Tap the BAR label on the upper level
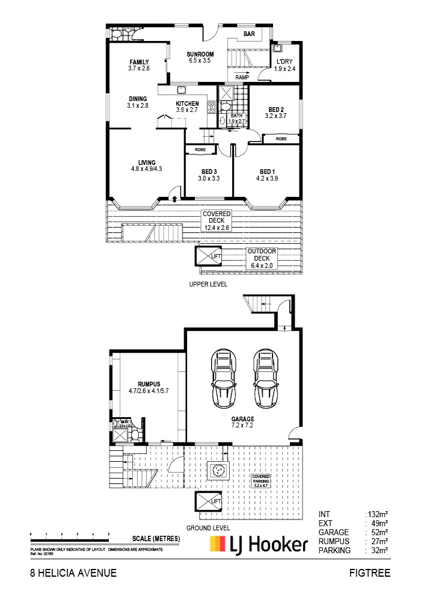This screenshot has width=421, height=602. tap(249, 34)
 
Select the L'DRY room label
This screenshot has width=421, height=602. tap(285, 62)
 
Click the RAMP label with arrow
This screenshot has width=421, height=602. tap(242, 77)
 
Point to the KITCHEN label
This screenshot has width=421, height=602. tap(187, 104)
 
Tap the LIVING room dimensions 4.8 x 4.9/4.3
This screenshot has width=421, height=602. tap(147, 169)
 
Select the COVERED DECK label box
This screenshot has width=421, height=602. tap(217, 220)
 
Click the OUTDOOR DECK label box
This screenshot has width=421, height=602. tap(261, 258)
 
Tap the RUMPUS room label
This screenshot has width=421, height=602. tap(148, 383)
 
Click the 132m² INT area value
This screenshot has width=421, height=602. tap(378, 514)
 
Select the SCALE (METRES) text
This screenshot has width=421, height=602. tap(156, 538)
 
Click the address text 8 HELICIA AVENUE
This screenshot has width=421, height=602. tap(73, 574)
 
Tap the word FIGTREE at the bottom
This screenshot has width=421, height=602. tap(369, 574)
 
